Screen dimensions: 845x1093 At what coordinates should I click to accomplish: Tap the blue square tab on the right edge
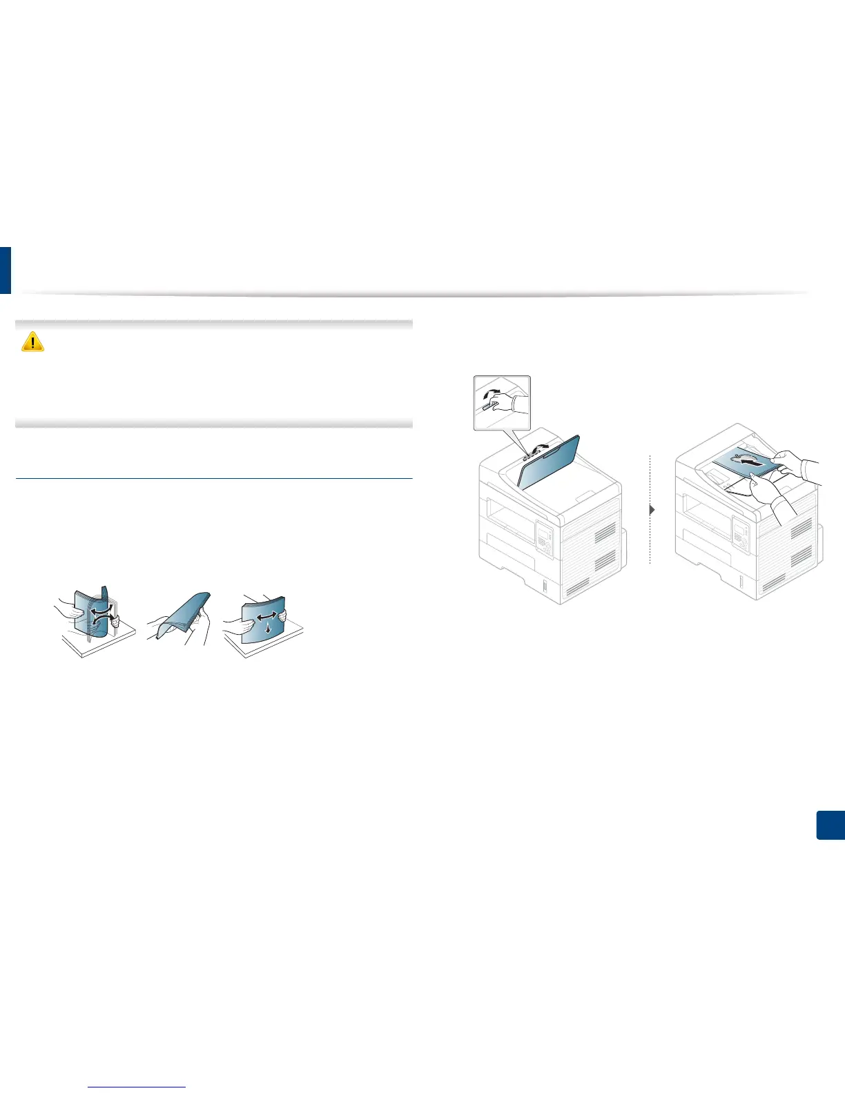click(x=831, y=825)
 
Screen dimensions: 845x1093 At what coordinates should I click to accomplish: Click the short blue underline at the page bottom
click(x=137, y=1087)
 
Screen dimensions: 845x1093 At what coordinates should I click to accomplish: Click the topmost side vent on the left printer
click(x=605, y=532)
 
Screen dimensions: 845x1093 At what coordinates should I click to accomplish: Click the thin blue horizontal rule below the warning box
click(x=213, y=478)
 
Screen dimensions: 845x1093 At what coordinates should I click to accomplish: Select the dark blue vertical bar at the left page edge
click(x=5, y=270)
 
